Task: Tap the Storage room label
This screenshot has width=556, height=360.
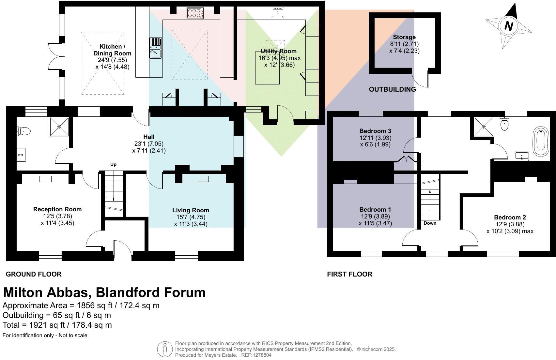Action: (404, 37)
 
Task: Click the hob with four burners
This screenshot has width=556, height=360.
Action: (195, 13)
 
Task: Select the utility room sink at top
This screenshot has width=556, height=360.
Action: (278, 13)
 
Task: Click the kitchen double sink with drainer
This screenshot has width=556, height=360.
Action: (156, 48)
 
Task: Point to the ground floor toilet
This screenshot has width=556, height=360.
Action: (24, 131)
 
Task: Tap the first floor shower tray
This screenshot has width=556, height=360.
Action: (484, 127)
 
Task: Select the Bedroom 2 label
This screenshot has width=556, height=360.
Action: (510, 217)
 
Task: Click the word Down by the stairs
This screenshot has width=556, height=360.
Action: (430, 223)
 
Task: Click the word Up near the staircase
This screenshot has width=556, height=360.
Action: (113, 165)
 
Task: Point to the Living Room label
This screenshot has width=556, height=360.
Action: (191, 210)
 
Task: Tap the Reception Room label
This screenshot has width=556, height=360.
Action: (57, 209)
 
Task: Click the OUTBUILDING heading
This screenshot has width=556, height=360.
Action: (392, 89)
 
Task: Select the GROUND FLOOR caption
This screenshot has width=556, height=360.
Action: (34, 274)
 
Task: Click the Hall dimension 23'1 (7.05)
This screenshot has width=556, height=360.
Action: (149, 144)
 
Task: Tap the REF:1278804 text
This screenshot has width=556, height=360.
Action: (256, 355)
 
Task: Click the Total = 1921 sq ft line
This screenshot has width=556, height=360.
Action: (57, 325)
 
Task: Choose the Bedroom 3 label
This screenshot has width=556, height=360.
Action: (375, 131)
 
